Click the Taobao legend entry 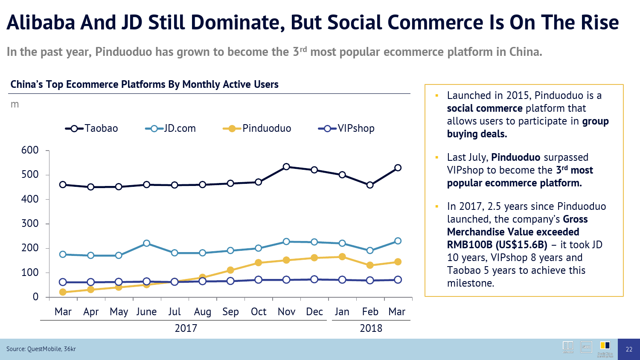(x=92, y=128)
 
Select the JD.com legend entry (x=171, y=128)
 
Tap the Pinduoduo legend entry (x=257, y=128)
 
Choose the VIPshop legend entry (x=346, y=128)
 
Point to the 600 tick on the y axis (x=30, y=150)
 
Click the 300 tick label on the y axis (x=30, y=224)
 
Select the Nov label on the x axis (x=286, y=312)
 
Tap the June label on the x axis (x=146, y=312)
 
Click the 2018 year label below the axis (x=371, y=328)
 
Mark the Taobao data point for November (x=286, y=167)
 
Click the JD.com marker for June (x=147, y=243)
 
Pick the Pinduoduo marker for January (x=342, y=257)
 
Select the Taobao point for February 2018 (x=370, y=185)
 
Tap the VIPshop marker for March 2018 (x=398, y=280)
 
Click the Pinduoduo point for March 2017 (x=63, y=292)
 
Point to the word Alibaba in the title (x=41, y=23)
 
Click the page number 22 (x=629, y=349)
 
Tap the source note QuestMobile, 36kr (x=41, y=349)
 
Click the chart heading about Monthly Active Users (x=144, y=84)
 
